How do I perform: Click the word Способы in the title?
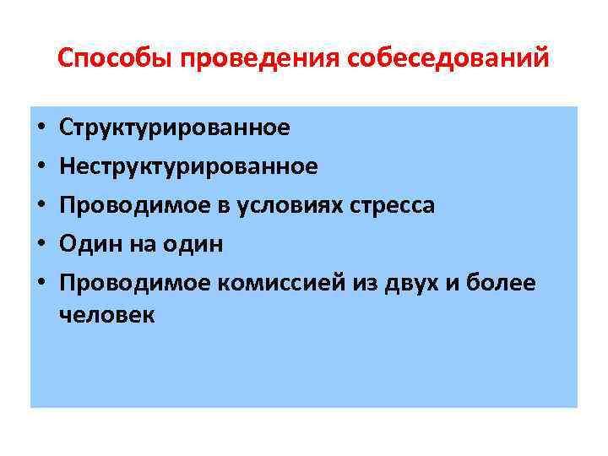(x=115, y=59)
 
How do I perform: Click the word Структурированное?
(x=175, y=128)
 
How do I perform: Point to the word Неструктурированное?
(x=189, y=166)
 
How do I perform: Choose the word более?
(x=506, y=283)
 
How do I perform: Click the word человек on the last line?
(x=107, y=315)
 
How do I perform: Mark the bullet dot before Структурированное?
(x=40, y=129)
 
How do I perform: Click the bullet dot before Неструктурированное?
(x=40, y=168)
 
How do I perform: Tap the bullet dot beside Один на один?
(x=40, y=246)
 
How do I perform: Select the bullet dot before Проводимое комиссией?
(x=40, y=285)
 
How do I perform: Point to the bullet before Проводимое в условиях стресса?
(x=40, y=207)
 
